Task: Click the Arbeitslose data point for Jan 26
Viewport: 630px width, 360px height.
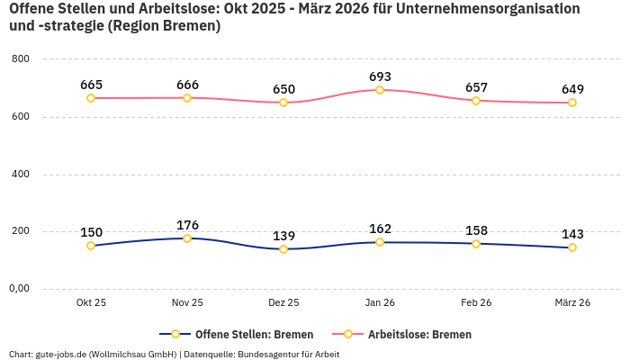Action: tap(380, 90)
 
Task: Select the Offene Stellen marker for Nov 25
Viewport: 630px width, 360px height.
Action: tap(187, 238)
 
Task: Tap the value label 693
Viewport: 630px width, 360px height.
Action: tap(380, 76)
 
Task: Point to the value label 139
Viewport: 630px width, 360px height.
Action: tap(283, 236)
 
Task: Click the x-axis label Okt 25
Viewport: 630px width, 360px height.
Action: tap(91, 303)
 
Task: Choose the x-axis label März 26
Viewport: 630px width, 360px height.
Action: tap(572, 303)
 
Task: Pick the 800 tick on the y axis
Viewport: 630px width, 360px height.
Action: tap(21, 59)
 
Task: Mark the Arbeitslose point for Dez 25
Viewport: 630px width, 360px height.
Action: tap(283, 103)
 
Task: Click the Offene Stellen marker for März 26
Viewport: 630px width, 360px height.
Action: tap(572, 247)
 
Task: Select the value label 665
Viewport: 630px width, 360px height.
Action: tap(91, 85)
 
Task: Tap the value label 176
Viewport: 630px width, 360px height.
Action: tap(187, 225)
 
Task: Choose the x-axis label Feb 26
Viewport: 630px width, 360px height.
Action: tap(476, 303)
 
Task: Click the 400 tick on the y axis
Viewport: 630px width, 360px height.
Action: tap(21, 174)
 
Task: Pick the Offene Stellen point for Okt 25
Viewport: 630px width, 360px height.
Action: tap(91, 246)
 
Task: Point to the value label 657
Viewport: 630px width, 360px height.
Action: tap(476, 87)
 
